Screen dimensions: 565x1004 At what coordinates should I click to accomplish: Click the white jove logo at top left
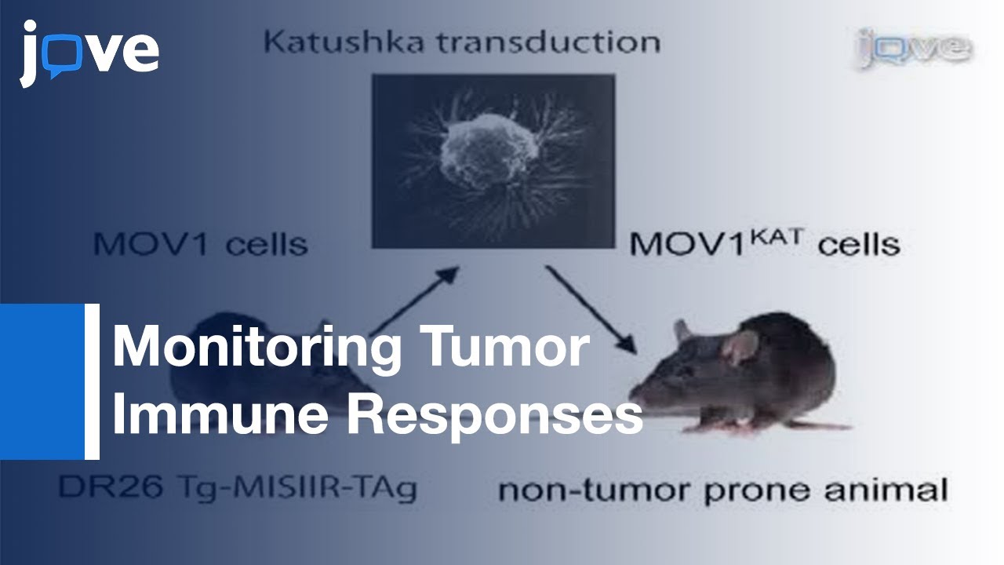(x=89, y=53)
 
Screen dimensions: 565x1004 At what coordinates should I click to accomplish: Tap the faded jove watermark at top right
(x=912, y=49)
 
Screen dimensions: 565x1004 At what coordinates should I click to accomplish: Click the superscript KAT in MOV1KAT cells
(x=780, y=233)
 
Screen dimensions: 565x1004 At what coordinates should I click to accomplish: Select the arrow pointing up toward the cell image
(x=416, y=298)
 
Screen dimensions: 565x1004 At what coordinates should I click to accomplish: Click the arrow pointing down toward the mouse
(x=589, y=309)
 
